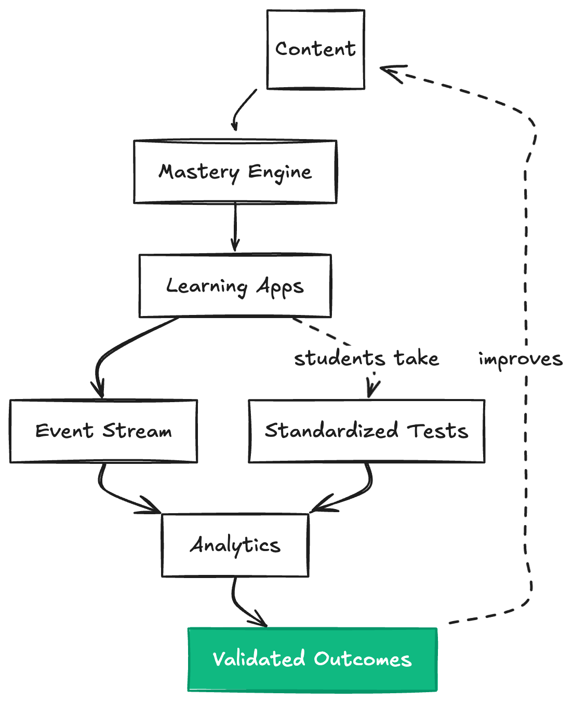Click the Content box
pyautogui.click(x=315, y=49)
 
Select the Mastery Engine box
pyautogui.click(x=235, y=172)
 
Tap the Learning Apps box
pyautogui.click(x=235, y=286)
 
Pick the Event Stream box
pyautogui.click(x=103, y=431)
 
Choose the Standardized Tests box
pyautogui.click(x=366, y=431)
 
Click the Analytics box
pyautogui.click(x=235, y=545)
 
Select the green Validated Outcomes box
pyautogui.click(x=312, y=659)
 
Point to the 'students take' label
pyautogui.click(x=366, y=359)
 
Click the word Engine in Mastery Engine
pyautogui.click(x=280, y=172)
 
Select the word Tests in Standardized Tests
pyautogui.click(x=437, y=431)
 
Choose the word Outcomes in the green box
pyautogui.click(x=363, y=659)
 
